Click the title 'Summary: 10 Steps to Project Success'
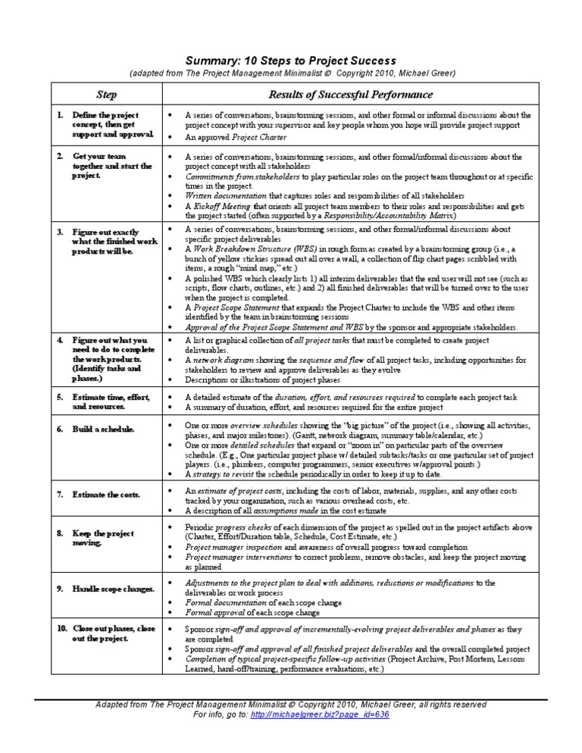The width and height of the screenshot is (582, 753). click(291, 60)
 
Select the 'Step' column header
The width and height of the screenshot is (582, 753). click(105, 95)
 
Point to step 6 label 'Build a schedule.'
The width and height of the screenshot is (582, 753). click(103, 429)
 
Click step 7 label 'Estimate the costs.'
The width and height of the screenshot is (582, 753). click(106, 494)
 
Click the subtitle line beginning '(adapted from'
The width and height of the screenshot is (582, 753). click(291, 73)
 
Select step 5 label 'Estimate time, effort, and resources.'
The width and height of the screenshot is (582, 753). click(111, 401)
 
